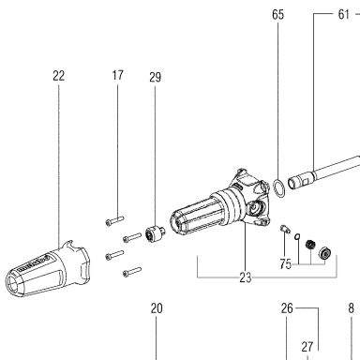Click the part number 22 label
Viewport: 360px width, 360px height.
coord(59,76)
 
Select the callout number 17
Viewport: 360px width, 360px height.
coord(117,75)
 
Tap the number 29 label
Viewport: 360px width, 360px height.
coord(155,77)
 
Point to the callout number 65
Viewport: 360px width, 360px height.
coord(277,14)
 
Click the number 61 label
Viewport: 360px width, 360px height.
coord(343,14)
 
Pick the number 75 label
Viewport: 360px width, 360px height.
coord(285,264)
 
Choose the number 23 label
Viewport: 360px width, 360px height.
coord(246,277)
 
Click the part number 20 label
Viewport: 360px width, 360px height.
coord(157,308)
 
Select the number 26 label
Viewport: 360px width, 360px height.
coord(287,308)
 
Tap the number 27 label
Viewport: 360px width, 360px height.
coord(307,347)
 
